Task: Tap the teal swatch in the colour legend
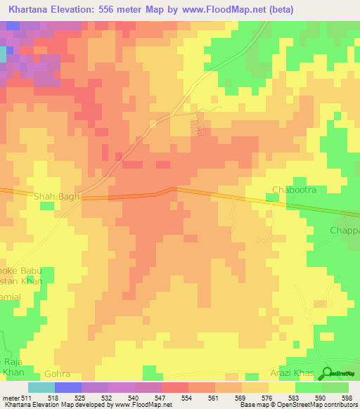click(x=41, y=387)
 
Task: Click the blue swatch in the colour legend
click(x=67, y=387)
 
